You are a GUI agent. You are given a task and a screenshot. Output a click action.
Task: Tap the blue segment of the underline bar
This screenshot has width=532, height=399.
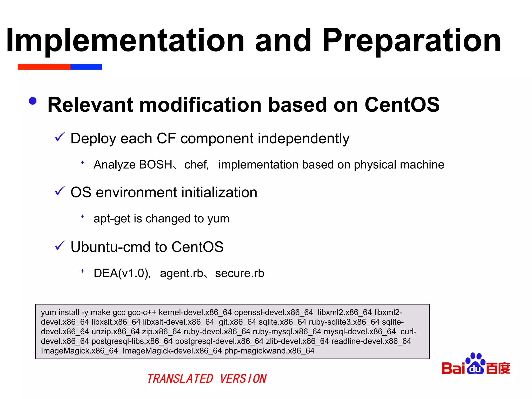86,67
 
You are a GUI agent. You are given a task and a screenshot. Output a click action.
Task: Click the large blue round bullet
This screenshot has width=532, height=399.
33,101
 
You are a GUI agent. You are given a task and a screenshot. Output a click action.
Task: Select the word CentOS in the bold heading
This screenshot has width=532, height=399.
402,105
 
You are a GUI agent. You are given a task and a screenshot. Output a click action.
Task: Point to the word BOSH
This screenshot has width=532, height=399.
156,165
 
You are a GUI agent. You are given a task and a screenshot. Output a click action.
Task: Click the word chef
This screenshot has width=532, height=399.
196,165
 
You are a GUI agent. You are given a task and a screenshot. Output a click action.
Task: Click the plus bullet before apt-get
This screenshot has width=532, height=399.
82,216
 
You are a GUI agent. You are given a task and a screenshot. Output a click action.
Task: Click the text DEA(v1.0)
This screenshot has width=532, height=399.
122,273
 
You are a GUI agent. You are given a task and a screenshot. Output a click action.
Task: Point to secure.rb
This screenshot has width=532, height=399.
240,273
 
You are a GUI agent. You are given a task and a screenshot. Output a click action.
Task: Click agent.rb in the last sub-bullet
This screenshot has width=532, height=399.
182,273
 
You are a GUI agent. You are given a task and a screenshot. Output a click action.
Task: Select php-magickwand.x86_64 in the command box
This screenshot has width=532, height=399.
269,351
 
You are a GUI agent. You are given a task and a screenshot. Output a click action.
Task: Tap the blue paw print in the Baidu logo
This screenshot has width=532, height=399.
475,363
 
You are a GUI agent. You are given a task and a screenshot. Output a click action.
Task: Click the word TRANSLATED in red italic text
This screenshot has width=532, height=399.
180,379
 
